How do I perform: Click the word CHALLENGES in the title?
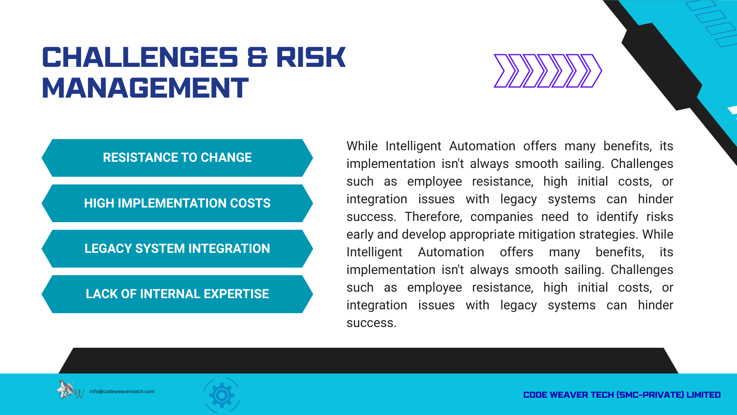tap(140, 57)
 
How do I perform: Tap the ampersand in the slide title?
tap(258, 57)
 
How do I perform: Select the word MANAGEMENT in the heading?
tap(145, 88)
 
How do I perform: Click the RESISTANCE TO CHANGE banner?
tap(177, 158)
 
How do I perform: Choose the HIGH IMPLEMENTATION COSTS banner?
tap(177, 203)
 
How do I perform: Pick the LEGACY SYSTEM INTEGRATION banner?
tap(177, 249)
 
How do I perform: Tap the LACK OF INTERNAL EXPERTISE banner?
tap(177, 294)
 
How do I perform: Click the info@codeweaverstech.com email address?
tap(122, 392)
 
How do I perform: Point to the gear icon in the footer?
tap(221, 395)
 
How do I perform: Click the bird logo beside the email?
tap(70, 390)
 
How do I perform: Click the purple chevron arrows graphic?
tap(548, 71)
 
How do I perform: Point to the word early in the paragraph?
tap(360, 235)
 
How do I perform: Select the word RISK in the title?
tap(311, 57)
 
